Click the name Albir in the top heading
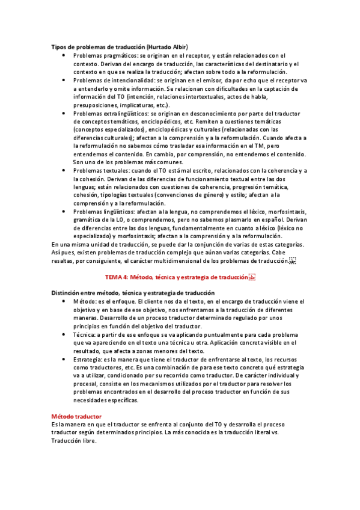tap(178, 47)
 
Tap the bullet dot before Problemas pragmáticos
tap(64, 55)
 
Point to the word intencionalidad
tap(126, 80)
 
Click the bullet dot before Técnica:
tap(64, 334)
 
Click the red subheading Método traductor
tap(76, 416)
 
